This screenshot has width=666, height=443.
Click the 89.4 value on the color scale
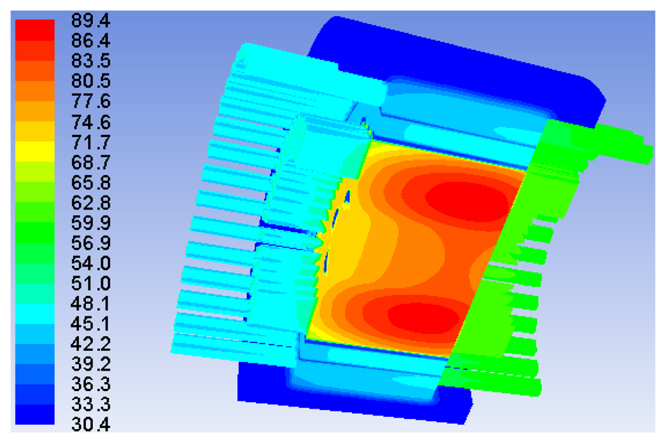[x=91, y=20]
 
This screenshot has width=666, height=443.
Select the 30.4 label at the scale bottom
[x=91, y=424]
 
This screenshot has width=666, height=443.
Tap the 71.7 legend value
[x=91, y=142]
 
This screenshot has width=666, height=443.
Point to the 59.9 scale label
[x=91, y=222]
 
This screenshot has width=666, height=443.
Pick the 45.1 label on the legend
[x=91, y=323]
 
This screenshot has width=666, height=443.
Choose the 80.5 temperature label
[x=91, y=81]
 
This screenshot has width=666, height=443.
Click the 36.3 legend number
[x=91, y=384]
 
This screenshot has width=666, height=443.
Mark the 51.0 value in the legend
[x=91, y=283]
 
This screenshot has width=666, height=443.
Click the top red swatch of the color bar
[x=34, y=30]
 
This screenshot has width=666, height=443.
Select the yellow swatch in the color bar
[x=34, y=151]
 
